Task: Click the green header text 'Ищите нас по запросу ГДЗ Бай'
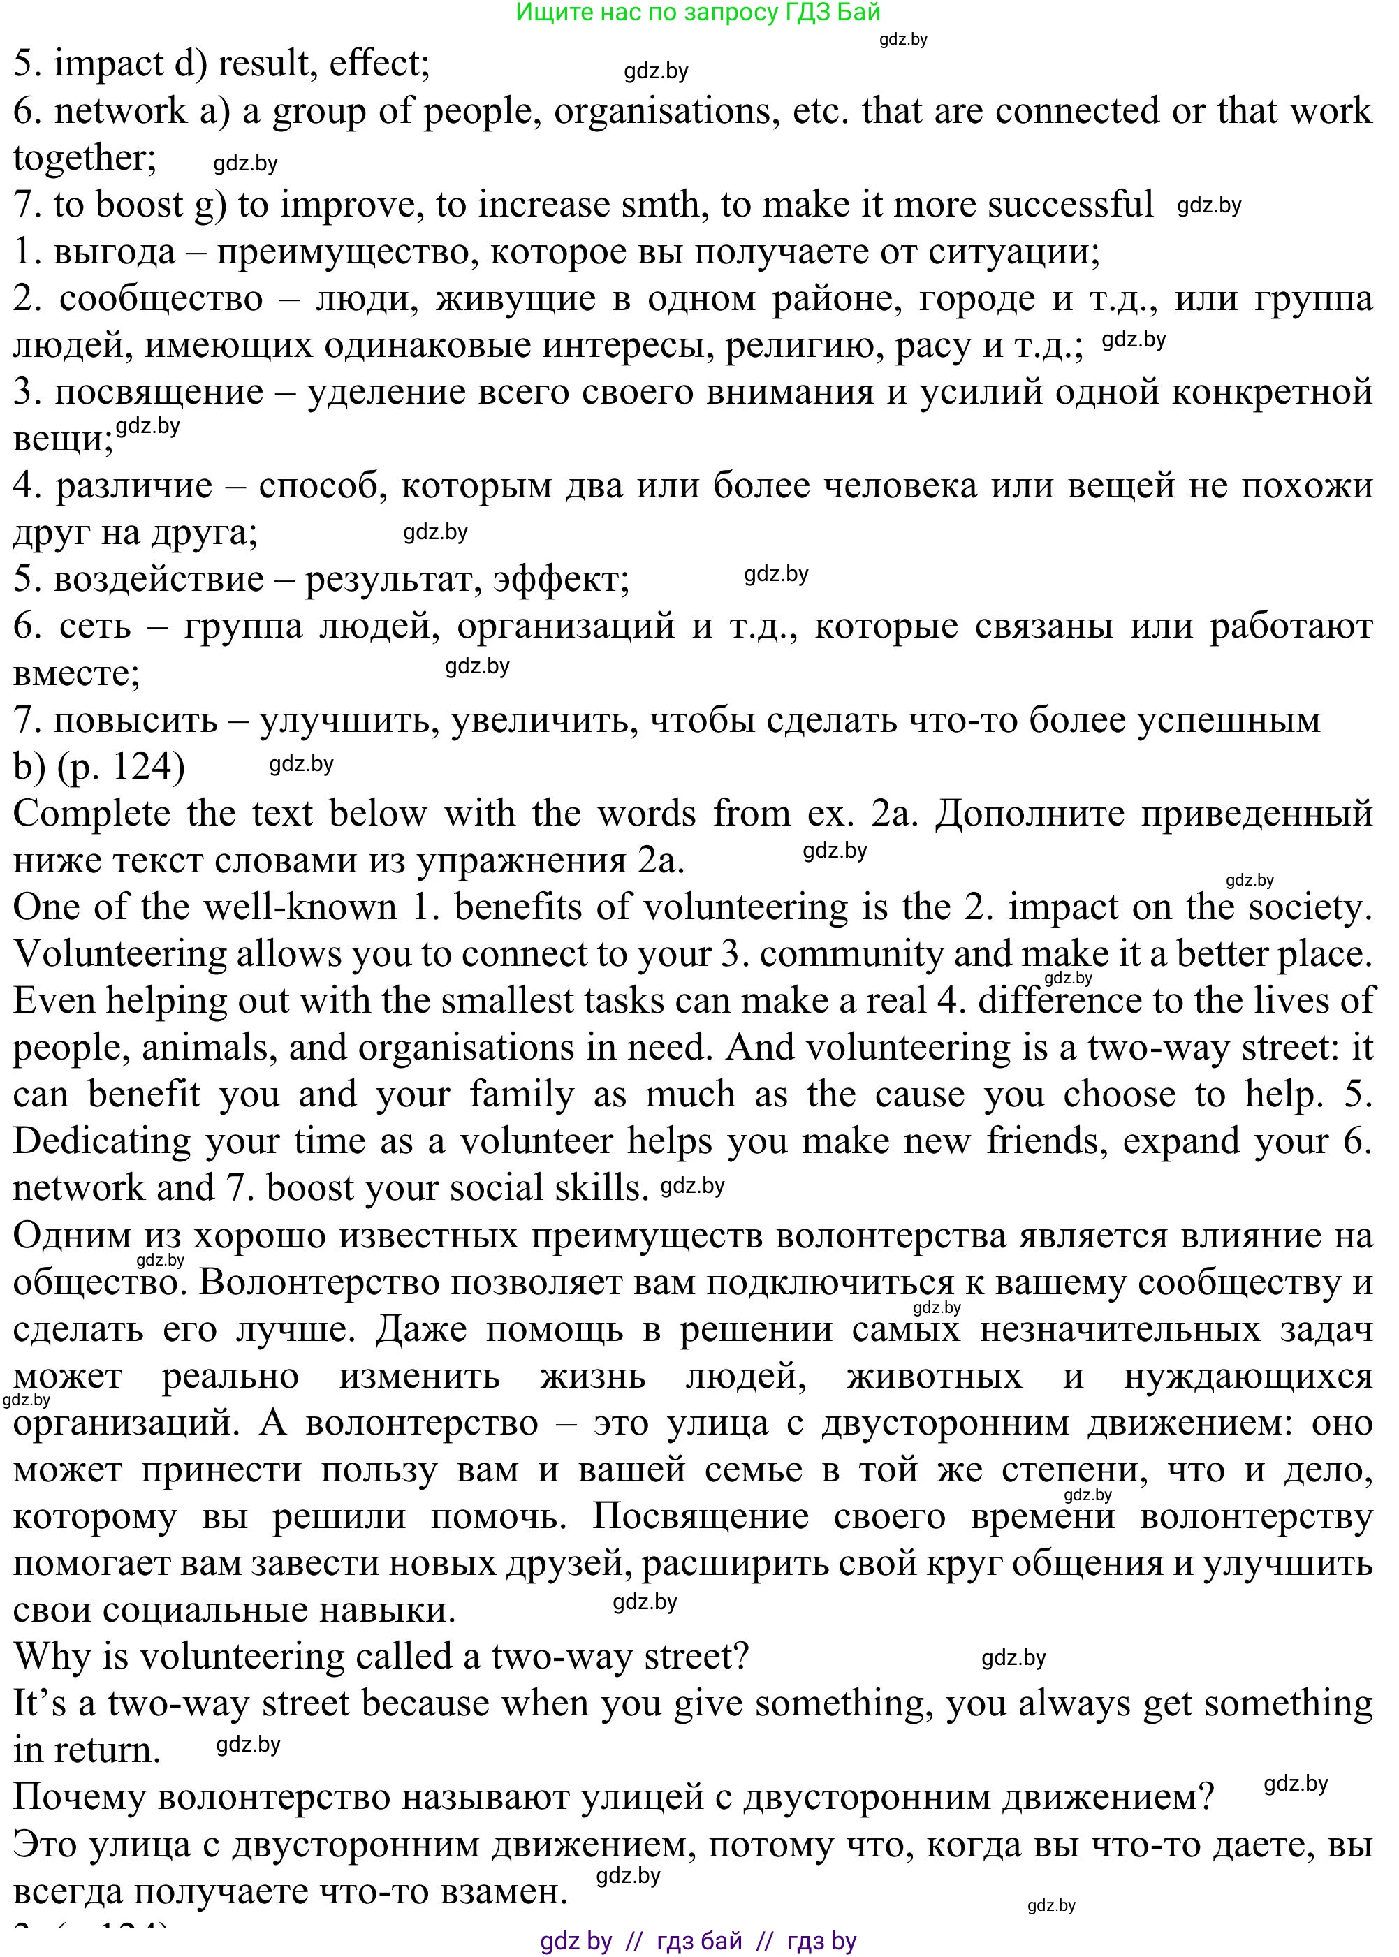pos(698,12)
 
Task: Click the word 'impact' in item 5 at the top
pos(108,64)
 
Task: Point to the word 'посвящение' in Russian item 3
pos(159,392)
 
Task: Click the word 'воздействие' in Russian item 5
pos(159,579)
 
